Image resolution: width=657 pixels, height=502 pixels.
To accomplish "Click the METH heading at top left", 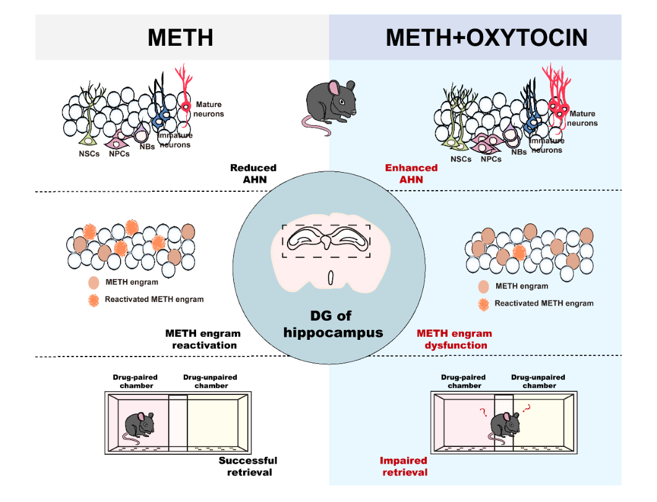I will [x=180, y=38].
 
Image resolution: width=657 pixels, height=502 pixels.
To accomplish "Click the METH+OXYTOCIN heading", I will [x=486, y=38].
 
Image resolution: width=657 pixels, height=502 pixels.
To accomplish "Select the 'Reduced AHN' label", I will [x=253, y=173].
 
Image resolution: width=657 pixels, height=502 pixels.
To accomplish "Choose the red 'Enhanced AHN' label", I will [x=411, y=173].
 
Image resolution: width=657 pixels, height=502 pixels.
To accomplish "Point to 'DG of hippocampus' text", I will [x=333, y=324].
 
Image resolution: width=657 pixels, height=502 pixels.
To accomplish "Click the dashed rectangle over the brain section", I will [x=326, y=241].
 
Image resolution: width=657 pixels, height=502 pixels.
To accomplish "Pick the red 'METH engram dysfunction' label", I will [x=455, y=339].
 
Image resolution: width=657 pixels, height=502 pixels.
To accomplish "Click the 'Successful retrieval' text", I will [x=247, y=466].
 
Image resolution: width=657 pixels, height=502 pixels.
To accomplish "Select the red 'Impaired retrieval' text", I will [x=403, y=466].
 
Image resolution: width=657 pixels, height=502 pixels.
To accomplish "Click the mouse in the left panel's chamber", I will [x=137, y=426].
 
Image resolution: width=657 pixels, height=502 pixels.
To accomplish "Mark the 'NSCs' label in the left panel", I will [x=88, y=153].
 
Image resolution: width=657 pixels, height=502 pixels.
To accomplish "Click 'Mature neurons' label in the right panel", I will [x=582, y=118].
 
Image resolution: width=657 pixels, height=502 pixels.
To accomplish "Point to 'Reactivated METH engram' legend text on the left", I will [x=154, y=300].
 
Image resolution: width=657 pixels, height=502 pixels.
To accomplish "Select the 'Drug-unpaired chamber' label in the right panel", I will [x=538, y=381].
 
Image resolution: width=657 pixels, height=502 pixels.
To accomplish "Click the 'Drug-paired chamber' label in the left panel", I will [x=135, y=381].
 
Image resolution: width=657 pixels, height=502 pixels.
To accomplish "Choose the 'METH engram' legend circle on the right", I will [x=484, y=287].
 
